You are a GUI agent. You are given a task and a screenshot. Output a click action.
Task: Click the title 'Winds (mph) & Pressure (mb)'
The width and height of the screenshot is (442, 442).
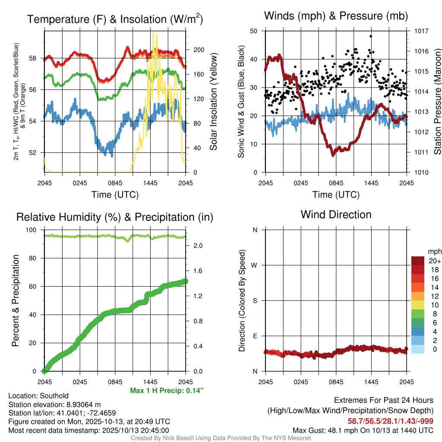click(336, 16)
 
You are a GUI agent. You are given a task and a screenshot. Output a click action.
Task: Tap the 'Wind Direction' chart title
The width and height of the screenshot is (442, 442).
click(336, 215)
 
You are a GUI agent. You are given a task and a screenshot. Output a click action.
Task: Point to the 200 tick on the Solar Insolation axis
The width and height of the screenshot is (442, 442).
click(196, 50)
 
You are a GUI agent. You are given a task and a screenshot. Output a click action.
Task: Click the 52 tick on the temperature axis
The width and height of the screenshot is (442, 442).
click(38, 152)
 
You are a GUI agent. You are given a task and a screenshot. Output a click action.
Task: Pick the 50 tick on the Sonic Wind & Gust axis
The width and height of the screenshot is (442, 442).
click(254, 31)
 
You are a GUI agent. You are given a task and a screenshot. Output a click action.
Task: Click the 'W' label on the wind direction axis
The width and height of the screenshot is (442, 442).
click(255, 265)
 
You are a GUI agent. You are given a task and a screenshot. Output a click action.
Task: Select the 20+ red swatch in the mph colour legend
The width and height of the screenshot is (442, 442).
click(418, 261)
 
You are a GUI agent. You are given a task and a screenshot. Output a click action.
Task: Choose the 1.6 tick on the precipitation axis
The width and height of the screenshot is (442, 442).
click(196, 271)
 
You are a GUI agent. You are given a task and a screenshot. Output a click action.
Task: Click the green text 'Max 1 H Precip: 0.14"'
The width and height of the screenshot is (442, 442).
click(167, 391)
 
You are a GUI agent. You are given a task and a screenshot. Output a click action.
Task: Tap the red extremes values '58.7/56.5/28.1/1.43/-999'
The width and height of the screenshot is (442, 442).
click(390, 421)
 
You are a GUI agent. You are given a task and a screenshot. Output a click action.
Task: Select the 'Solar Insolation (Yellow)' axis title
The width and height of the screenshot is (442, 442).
click(213, 101)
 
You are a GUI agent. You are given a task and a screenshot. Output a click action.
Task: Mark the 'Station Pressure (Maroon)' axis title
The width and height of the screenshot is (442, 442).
click(437, 101)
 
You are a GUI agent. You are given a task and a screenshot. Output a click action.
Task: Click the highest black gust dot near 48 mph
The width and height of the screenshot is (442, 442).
click(370, 36)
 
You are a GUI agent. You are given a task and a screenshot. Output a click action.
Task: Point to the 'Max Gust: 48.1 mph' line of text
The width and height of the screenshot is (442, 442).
click(363, 430)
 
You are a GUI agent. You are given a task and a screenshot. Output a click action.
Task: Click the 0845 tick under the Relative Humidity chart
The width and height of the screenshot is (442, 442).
click(115, 382)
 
